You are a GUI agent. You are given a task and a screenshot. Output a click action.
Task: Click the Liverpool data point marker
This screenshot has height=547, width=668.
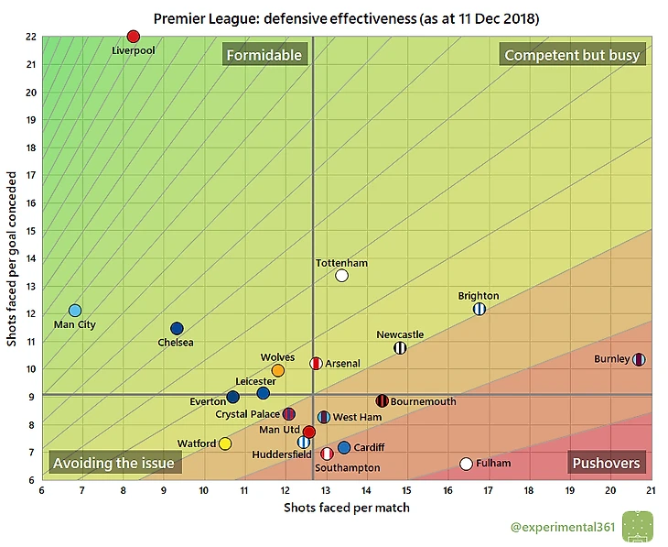(134, 37)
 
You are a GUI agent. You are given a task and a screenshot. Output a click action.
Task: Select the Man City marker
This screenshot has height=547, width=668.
(75, 311)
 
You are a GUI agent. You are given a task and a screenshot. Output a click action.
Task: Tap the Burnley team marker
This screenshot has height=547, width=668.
(639, 359)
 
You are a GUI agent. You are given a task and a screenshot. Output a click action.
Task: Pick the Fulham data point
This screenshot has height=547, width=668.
(466, 464)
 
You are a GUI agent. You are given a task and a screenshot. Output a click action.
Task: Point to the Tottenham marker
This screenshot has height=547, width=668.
(341, 275)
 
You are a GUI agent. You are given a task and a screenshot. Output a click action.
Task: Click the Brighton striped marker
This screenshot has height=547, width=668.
(479, 309)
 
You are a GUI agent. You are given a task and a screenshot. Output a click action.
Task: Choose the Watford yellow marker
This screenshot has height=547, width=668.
(225, 443)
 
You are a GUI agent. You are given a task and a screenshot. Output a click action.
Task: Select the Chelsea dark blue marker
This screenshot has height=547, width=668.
(177, 328)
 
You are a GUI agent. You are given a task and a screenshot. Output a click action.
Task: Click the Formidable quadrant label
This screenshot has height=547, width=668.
(264, 55)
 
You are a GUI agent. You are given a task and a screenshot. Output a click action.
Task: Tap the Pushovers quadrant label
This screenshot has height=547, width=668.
(606, 463)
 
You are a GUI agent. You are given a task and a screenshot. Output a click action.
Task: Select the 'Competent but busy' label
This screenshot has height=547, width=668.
(572, 55)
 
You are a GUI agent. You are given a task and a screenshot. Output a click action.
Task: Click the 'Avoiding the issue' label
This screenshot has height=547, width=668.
(113, 463)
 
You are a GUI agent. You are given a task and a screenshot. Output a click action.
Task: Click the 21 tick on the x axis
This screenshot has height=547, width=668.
(651, 490)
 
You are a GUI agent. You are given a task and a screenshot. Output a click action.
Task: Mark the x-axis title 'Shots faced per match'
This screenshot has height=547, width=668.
(346, 507)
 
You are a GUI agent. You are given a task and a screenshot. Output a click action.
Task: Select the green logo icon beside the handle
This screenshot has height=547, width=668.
(638, 526)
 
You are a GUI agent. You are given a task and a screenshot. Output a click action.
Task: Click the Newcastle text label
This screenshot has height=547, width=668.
(400, 334)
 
